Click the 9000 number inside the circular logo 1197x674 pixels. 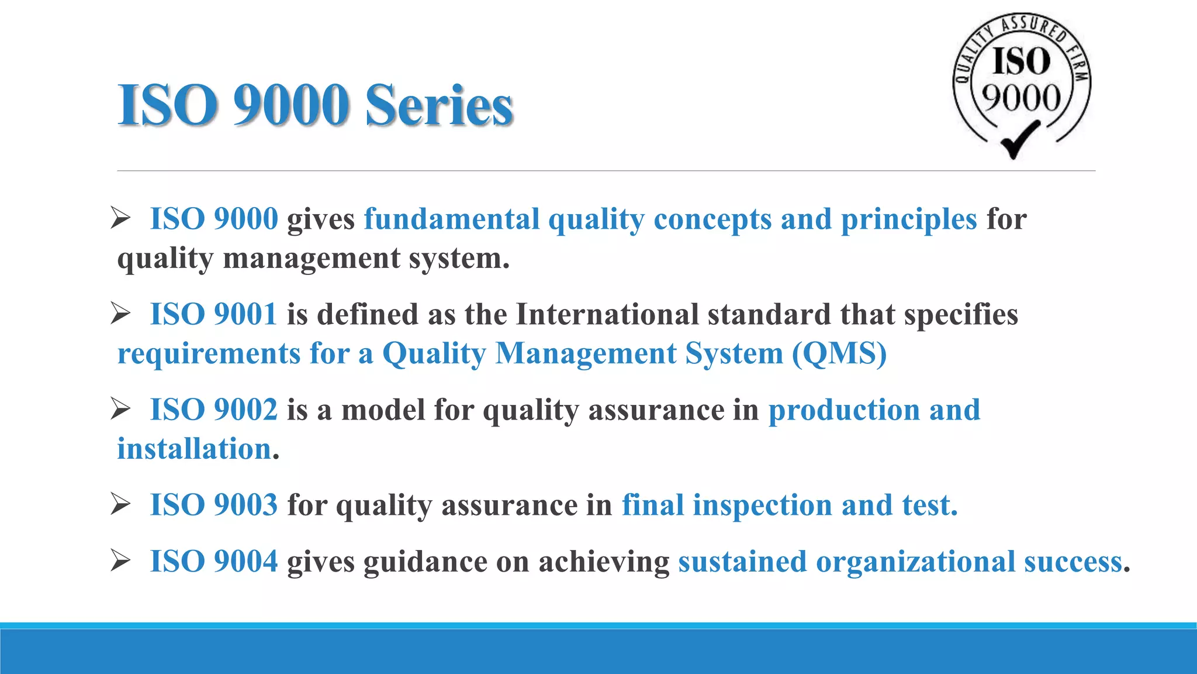[x=1020, y=97]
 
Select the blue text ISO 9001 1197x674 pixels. [x=213, y=314]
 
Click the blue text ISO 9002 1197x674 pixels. [x=213, y=410]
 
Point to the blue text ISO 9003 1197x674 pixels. [x=213, y=505]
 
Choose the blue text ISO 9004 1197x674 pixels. [x=213, y=562]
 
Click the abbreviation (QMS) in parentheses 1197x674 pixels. [x=839, y=353]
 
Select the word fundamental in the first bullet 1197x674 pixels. [x=451, y=219]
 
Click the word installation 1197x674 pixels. [x=194, y=449]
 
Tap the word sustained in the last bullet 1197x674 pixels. [x=742, y=562]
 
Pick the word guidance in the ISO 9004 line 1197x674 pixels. [x=425, y=562]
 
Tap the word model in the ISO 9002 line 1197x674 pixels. [x=383, y=410]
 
